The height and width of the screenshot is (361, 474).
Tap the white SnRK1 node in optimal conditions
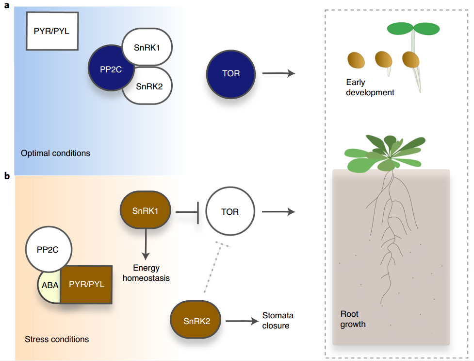147,47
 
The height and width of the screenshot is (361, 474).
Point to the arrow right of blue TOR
278,74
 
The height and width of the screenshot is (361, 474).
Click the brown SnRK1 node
145,211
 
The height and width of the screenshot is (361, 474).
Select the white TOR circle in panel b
230,212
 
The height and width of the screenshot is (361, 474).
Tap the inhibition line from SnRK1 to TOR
187,212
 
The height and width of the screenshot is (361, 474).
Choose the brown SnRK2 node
196,321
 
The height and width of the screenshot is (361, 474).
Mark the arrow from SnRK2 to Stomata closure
241,321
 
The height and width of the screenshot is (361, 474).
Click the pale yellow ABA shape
50,286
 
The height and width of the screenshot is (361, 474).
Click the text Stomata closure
278,321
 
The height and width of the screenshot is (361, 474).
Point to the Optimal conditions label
55,153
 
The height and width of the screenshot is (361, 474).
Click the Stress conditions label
57,339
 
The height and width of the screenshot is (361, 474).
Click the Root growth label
353,319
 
